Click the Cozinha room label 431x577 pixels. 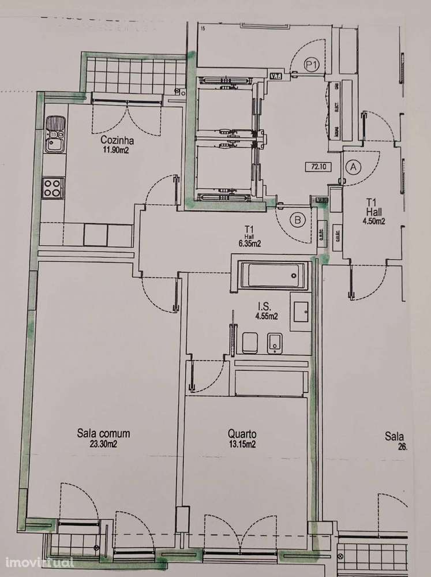pyautogui.click(x=117, y=140)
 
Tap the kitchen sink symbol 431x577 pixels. pyautogui.click(x=55, y=133)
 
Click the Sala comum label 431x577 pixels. pyautogui.click(x=103, y=433)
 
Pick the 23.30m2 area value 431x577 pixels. pyautogui.click(x=103, y=443)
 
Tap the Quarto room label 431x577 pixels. pyautogui.click(x=242, y=434)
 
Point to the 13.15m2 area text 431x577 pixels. pyautogui.click(x=242, y=444)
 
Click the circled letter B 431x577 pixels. pyautogui.click(x=298, y=219)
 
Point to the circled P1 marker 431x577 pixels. pyautogui.click(x=312, y=65)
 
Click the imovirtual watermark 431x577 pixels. pyautogui.click(x=39, y=561)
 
